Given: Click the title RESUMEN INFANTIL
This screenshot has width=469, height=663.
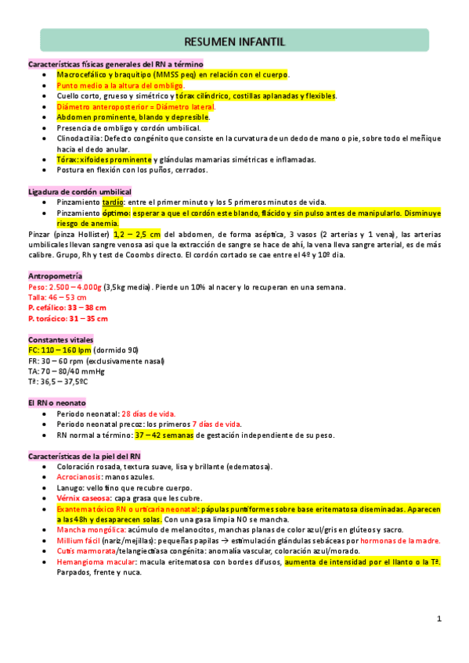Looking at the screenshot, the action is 234,41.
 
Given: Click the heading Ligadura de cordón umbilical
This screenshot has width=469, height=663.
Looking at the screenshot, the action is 80,192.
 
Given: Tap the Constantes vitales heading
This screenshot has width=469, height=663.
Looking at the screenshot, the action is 60,340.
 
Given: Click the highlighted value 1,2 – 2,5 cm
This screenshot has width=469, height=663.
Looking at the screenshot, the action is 138,234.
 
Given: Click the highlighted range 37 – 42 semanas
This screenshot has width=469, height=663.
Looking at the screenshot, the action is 164,435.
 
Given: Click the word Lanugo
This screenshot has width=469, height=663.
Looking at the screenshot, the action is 70,487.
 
